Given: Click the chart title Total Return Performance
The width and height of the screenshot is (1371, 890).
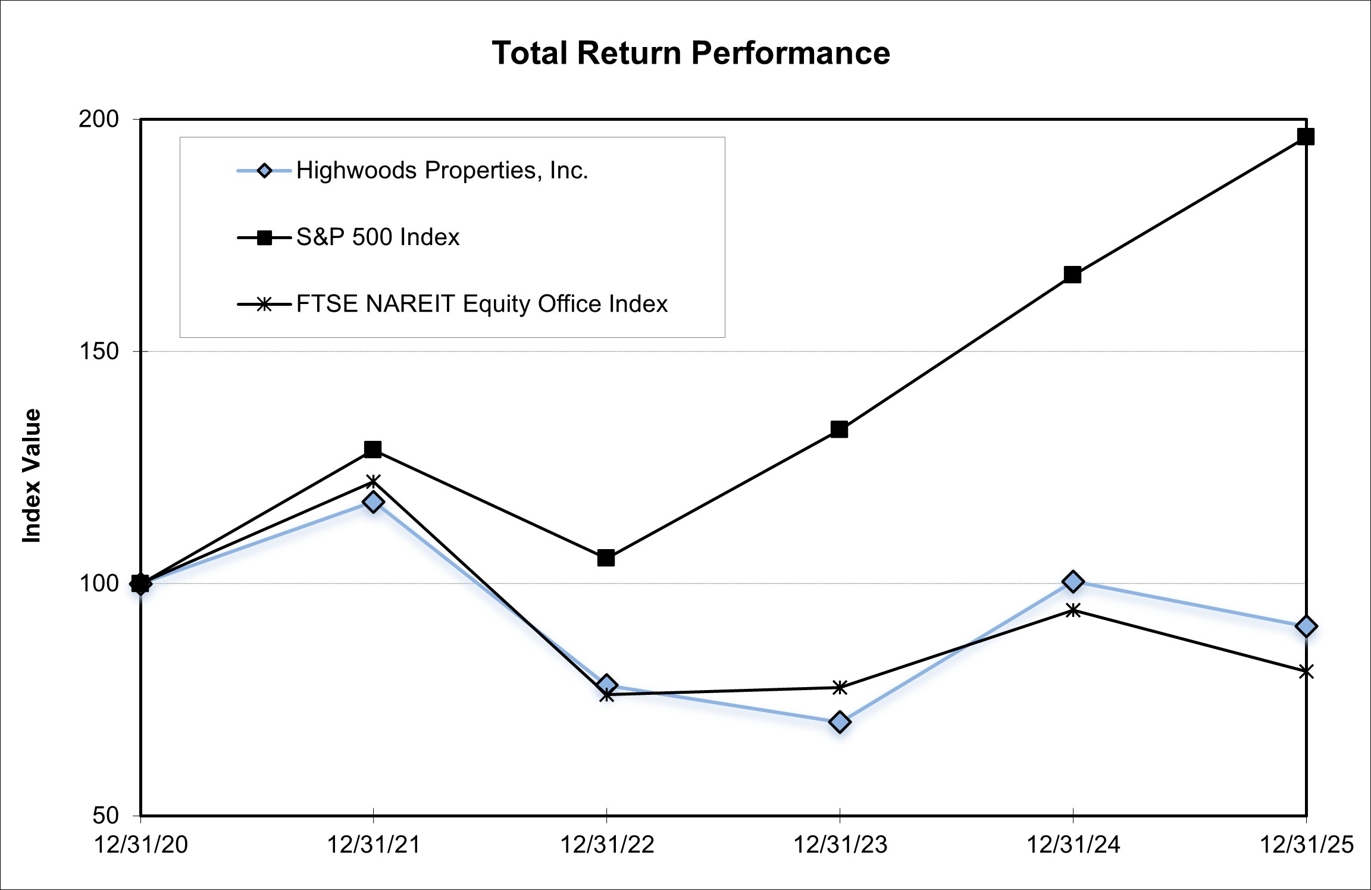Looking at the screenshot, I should tap(690, 53).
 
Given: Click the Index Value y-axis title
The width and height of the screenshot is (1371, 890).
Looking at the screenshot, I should tap(32, 475).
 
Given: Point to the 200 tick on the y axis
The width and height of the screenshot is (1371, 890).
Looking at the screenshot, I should tap(99, 119).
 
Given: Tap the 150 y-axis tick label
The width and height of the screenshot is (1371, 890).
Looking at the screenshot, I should tap(99, 351).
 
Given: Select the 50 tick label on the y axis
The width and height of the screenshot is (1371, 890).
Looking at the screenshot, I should tap(106, 815).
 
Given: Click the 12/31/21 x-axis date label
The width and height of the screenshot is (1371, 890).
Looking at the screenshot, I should tap(374, 845).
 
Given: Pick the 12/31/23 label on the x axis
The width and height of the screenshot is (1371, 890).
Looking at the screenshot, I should tap(840, 845).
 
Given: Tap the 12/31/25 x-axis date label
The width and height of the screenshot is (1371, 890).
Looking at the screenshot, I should tap(1306, 845).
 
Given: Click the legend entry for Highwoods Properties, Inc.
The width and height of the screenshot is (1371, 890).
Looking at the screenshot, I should tap(442, 171).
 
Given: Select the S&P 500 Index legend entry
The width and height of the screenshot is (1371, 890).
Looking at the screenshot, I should tap(377, 237).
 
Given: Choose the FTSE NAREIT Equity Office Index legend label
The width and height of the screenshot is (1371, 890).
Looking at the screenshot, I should tap(481, 304).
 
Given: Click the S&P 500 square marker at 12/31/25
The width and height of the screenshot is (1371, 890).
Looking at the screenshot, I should tap(1306, 137).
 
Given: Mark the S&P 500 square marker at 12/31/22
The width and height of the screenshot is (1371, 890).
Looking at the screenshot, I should tap(606, 558).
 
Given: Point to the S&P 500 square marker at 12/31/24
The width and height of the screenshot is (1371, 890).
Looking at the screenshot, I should tap(1072, 275).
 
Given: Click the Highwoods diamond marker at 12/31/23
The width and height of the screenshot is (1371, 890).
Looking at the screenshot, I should tap(840, 722).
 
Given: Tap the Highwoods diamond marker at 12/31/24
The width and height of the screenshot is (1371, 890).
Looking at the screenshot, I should tap(1073, 581).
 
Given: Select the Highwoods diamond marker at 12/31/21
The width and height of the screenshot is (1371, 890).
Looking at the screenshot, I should tap(373, 502).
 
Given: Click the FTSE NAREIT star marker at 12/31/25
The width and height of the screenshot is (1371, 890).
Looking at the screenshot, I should tap(1306, 672).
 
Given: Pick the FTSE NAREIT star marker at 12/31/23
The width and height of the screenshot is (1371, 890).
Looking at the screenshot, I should tap(840, 688).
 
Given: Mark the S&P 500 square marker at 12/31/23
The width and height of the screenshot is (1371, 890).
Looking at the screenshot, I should tap(839, 430).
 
